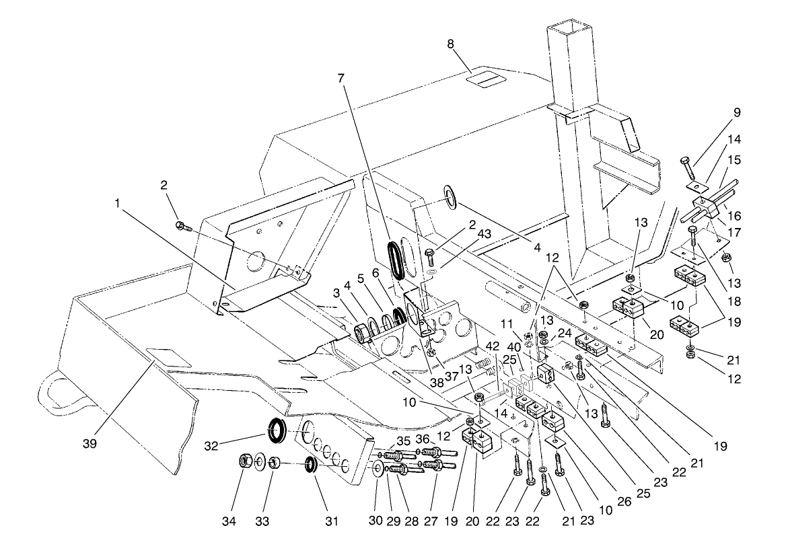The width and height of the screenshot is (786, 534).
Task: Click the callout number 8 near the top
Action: click(451, 44)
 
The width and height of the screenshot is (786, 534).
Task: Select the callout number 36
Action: click(423, 440)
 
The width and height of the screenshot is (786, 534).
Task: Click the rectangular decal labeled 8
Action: click(489, 81)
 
